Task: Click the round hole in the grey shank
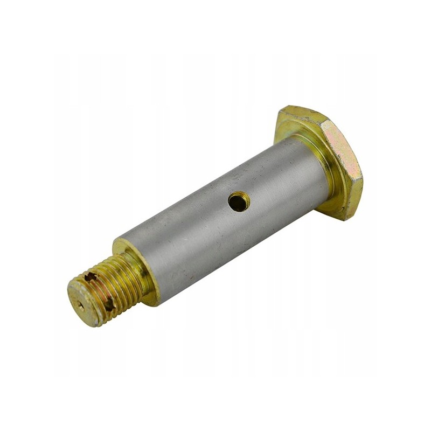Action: click(239, 202)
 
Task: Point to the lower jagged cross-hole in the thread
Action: click(109, 304)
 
